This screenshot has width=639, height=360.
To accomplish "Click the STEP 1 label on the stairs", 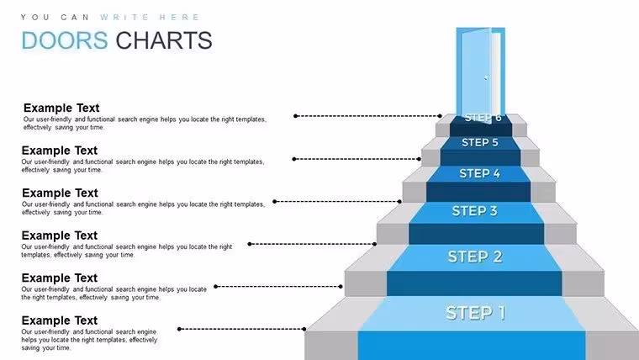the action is click(475, 313).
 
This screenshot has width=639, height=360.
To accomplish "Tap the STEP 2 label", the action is click(475, 257).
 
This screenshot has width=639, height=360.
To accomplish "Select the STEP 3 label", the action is click(475, 211).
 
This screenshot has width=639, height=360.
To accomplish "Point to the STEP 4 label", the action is click(479, 173).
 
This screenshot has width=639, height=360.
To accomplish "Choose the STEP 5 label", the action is click(480, 142).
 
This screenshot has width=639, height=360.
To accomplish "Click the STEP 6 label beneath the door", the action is click(483, 118).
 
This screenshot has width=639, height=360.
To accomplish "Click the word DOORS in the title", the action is click(65, 40).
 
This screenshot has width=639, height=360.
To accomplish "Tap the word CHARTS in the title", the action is click(164, 40).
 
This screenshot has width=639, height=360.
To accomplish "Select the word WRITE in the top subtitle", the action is click(124, 17).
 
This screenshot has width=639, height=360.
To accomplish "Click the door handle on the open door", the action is click(486, 77).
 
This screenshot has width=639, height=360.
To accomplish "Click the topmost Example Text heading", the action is click(61, 108).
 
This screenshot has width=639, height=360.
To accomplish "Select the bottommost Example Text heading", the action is click(60, 320).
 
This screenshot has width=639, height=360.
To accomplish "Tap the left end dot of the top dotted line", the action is click(295, 116).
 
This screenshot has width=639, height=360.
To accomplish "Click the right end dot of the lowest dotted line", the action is click(304, 329).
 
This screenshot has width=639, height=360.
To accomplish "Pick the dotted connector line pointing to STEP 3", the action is click(312, 244).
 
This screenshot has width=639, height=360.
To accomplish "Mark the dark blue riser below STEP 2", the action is click(474, 283).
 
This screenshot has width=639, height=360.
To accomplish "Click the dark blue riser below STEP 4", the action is click(478, 192).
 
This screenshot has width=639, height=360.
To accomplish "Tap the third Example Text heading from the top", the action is click(60, 193).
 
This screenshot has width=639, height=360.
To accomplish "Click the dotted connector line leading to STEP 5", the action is click(356, 159).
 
